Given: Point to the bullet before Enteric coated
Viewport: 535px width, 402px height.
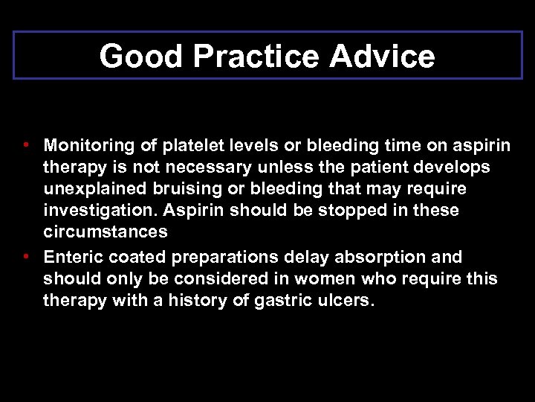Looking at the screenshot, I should click(26, 256).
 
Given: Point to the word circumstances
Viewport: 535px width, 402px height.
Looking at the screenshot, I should click(105, 232).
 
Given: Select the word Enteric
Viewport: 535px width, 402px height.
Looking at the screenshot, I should click(74, 258).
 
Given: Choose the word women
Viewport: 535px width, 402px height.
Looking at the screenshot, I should click(317, 279).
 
